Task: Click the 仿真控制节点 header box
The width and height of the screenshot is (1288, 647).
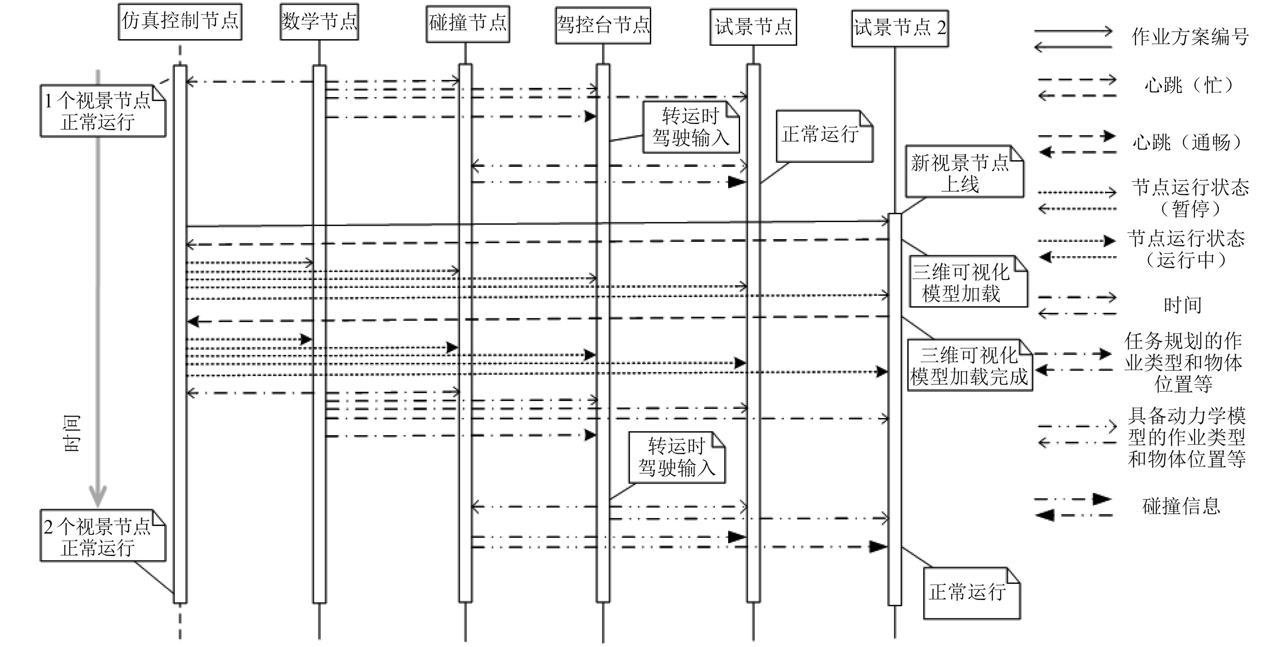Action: [180, 21]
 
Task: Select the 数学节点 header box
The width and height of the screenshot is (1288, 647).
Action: [319, 21]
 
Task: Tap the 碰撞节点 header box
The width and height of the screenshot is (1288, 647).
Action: [467, 23]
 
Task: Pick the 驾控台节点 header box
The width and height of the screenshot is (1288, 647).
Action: [603, 25]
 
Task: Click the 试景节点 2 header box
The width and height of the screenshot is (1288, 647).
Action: [900, 28]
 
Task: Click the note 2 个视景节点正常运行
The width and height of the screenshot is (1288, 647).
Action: [103, 536]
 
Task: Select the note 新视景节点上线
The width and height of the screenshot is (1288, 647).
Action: [964, 172]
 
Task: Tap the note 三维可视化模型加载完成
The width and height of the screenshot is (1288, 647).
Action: [969, 366]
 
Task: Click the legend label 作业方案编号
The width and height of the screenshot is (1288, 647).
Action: [1190, 36]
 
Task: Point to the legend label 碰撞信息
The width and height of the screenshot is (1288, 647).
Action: [1181, 506]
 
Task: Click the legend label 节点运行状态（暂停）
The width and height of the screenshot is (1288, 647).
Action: [1190, 198]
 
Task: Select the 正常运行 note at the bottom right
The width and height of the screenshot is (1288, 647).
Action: [971, 593]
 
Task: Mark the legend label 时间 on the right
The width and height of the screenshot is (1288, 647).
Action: [1182, 305]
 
